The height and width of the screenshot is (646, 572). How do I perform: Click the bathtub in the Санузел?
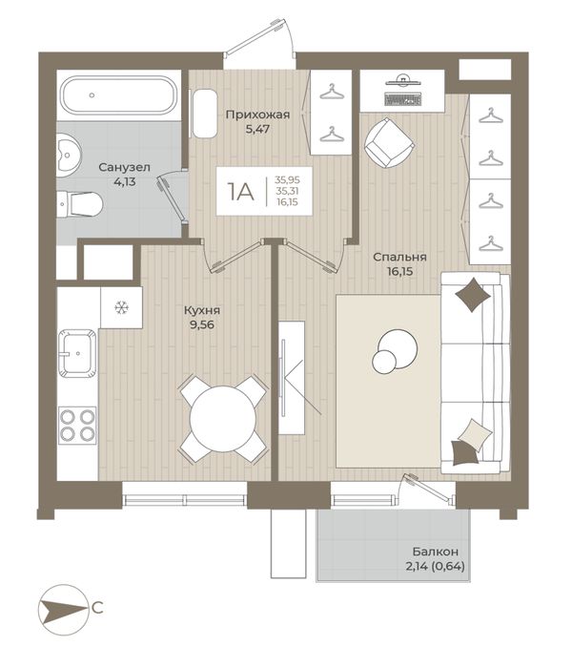(x=120, y=95)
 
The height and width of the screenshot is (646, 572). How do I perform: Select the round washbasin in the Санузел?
(x=69, y=156)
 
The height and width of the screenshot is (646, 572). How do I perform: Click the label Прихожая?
(x=258, y=115)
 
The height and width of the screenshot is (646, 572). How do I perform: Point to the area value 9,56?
(x=202, y=324)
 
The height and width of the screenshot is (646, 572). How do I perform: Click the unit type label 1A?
(x=241, y=192)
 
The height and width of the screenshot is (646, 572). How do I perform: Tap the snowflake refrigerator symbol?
(x=121, y=307)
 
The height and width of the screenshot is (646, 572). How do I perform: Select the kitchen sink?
(x=77, y=353)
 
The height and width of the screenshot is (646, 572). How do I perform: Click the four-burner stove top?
(x=77, y=426)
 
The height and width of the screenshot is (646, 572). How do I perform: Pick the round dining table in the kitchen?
(x=223, y=419)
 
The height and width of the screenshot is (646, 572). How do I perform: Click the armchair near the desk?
(x=389, y=142)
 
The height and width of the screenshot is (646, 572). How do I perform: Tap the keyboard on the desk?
(x=402, y=99)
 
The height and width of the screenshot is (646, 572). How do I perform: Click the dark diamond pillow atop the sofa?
(x=473, y=295)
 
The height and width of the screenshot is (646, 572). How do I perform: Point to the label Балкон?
(x=436, y=552)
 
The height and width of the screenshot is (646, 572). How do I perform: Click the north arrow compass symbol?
(x=64, y=609)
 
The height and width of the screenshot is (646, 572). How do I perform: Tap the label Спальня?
(x=399, y=257)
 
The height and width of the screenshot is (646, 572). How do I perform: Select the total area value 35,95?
(x=288, y=180)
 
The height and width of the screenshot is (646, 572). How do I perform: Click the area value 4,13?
(x=125, y=181)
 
